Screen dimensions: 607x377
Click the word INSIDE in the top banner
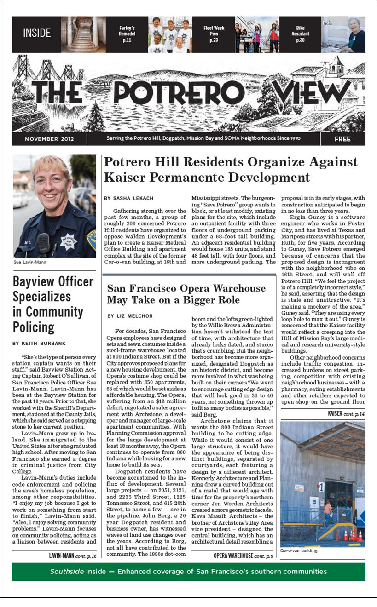37,34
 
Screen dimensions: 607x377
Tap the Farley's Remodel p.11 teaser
127,34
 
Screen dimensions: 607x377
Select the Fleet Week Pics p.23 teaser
214,34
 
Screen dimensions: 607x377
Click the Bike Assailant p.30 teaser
300,34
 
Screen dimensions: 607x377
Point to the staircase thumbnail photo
80,35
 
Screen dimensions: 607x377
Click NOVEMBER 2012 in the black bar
49,139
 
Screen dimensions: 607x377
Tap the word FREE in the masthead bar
342,139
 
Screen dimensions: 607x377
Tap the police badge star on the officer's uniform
69,240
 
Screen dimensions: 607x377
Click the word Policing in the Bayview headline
34,327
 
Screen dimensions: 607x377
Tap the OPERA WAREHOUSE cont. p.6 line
243,556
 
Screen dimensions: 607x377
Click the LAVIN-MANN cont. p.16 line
72,556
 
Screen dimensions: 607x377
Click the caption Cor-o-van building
299,550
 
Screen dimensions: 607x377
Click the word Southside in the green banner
66,572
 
